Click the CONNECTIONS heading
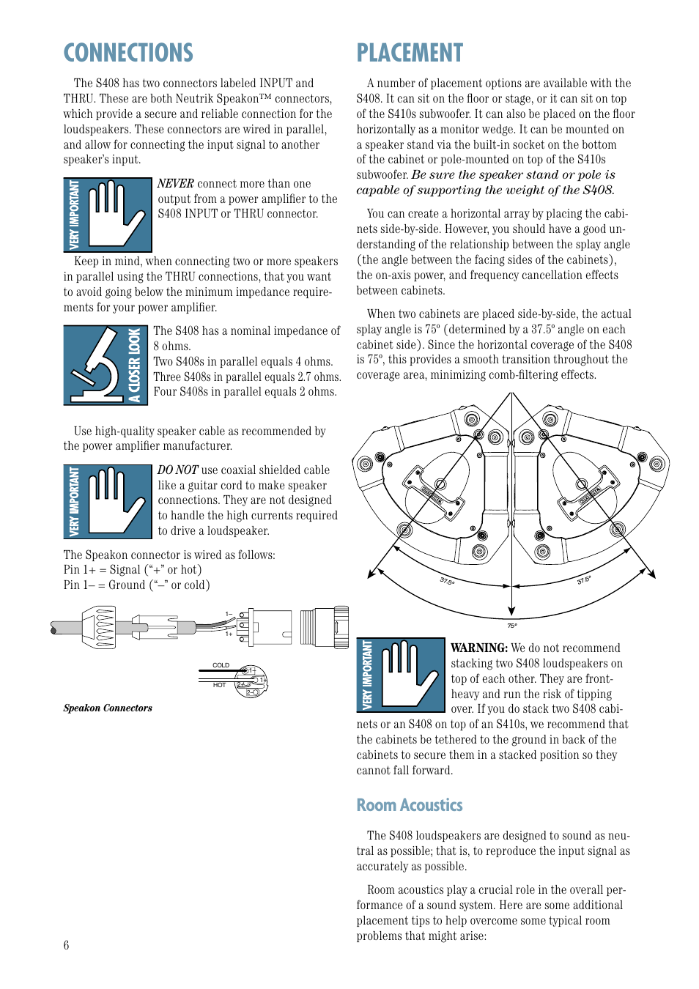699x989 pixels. click(x=128, y=53)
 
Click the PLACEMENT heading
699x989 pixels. click(x=410, y=53)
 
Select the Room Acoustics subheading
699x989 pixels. click(x=409, y=805)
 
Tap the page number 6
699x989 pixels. click(x=66, y=945)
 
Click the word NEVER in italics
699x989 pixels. click(x=175, y=184)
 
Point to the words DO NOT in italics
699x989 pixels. click(x=177, y=470)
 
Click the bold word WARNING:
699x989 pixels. click(x=478, y=648)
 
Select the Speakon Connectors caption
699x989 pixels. click(x=108, y=708)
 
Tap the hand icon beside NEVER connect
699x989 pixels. click(x=108, y=215)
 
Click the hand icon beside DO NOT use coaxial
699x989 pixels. click(x=108, y=502)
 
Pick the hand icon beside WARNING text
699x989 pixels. click(x=401, y=675)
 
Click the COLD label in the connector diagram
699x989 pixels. click(x=221, y=665)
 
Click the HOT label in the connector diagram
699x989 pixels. click(x=219, y=685)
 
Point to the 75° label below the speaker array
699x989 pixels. click(x=512, y=626)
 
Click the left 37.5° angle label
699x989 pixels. click(x=447, y=581)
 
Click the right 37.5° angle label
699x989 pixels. click(x=583, y=580)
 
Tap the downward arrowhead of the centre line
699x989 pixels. click(x=511, y=611)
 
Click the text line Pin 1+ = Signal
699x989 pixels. click(x=132, y=570)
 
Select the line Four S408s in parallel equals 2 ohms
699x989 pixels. click(x=245, y=392)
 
